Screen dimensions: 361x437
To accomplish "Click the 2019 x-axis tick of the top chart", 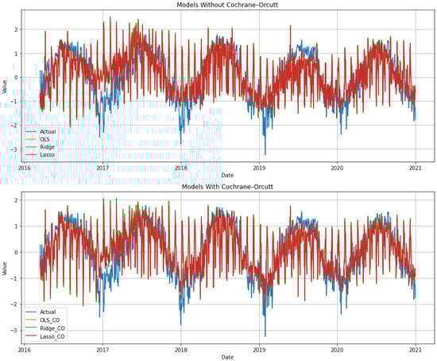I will click(259, 169).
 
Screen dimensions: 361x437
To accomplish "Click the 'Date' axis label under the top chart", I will click(226, 176).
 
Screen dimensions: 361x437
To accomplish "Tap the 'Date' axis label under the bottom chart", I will click(226, 356).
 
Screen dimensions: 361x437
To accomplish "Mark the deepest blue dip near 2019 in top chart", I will click(265, 153).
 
